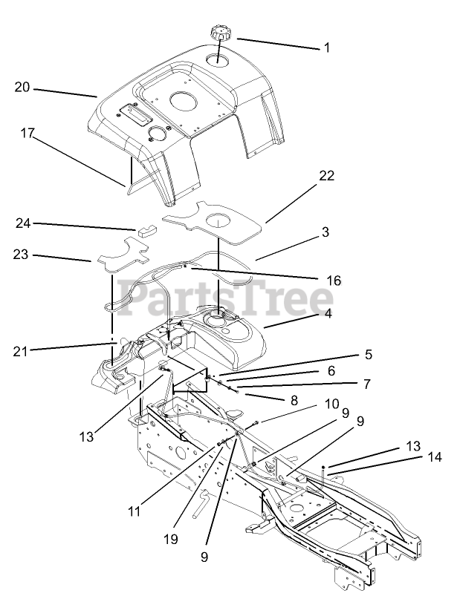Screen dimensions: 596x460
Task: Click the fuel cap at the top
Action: pyautogui.click(x=221, y=33)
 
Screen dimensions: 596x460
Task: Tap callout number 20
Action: pyautogui.click(x=22, y=88)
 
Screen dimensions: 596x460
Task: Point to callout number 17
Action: pyautogui.click(x=27, y=134)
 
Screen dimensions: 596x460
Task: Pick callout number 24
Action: pyautogui.click(x=22, y=223)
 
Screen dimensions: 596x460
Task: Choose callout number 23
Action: pyautogui.click(x=22, y=254)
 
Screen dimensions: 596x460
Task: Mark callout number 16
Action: pyautogui.click(x=334, y=281)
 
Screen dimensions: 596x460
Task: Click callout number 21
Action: pyautogui.click(x=22, y=350)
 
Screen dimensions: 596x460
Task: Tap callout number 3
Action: pyautogui.click(x=325, y=232)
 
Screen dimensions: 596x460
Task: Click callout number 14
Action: pyautogui.click(x=434, y=457)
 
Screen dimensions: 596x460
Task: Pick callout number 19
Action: pyautogui.click(x=172, y=539)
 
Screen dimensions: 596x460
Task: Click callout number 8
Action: pyautogui.click(x=294, y=399)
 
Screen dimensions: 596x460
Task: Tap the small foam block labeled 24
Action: pyautogui.click(x=146, y=227)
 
